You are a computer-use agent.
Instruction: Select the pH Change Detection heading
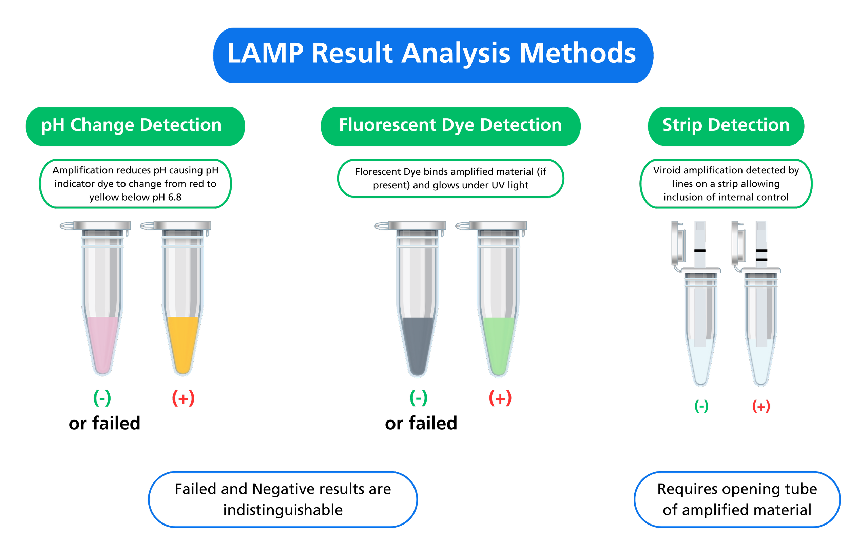click(x=132, y=125)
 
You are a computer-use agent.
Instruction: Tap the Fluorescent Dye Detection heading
click(x=450, y=125)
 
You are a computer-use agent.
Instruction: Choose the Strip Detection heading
click(x=726, y=125)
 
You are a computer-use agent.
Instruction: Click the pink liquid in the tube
click(x=103, y=342)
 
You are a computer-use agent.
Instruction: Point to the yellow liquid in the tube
click(x=183, y=342)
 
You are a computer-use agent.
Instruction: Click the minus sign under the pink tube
click(x=102, y=398)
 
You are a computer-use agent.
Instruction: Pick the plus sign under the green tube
click(x=500, y=398)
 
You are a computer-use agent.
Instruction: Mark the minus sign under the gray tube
click(x=419, y=398)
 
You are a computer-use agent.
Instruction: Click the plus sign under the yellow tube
click(x=183, y=399)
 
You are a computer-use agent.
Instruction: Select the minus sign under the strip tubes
click(x=701, y=407)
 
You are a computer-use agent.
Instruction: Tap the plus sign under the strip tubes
click(x=761, y=407)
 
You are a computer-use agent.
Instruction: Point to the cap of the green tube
click(x=498, y=226)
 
